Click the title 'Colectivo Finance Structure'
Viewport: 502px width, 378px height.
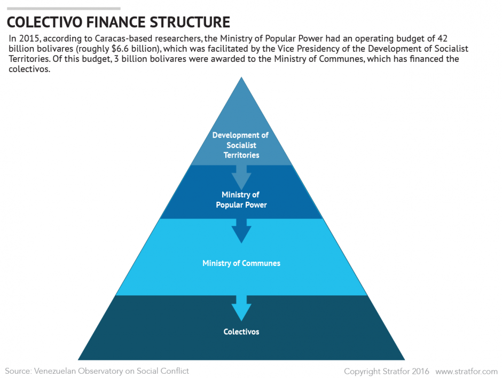[119, 22]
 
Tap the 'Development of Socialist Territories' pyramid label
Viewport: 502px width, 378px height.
[241, 145]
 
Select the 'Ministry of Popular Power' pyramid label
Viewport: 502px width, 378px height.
[241, 200]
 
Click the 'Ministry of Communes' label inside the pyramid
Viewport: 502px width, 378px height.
[241, 263]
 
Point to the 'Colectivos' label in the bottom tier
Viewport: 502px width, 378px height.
[241, 332]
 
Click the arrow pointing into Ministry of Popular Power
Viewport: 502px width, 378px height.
[241, 176]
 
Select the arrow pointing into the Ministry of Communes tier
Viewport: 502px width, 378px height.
[241, 231]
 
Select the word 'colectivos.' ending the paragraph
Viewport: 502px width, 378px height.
[30, 69]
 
